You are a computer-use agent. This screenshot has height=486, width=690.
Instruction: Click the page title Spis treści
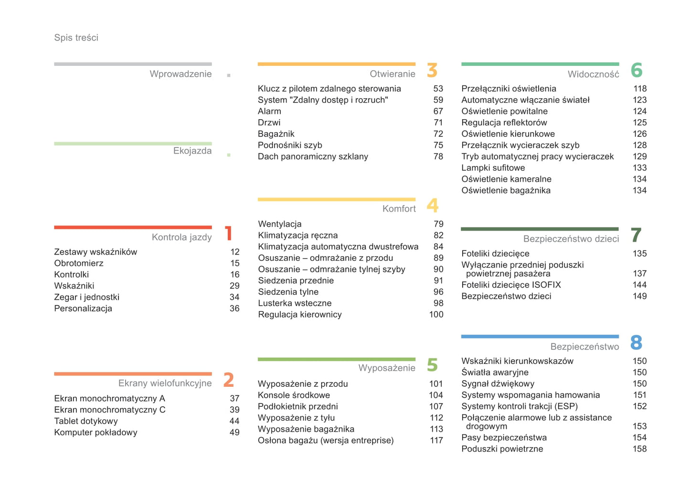(x=76, y=38)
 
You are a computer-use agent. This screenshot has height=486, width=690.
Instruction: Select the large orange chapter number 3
(x=432, y=70)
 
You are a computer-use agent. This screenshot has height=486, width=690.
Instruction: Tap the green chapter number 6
(x=636, y=70)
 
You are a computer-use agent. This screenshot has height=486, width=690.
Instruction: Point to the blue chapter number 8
(x=636, y=342)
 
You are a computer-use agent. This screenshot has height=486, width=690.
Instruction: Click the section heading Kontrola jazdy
(x=181, y=237)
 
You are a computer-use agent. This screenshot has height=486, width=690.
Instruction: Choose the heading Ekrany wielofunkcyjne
(x=165, y=383)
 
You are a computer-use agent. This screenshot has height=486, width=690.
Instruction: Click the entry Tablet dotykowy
(x=86, y=421)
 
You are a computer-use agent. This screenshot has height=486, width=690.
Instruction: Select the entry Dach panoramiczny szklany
(x=313, y=156)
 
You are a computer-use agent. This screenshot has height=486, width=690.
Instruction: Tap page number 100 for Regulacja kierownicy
(x=436, y=314)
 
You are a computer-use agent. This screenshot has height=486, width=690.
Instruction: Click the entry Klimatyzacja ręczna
(x=298, y=235)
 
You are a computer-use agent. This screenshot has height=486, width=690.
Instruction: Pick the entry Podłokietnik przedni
(x=297, y=406)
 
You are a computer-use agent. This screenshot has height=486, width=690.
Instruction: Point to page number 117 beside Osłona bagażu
(x=436, y=440)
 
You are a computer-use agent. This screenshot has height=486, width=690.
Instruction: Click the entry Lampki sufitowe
(x=493, y=168)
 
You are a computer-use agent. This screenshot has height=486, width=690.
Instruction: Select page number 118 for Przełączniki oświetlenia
(x=639, y=89)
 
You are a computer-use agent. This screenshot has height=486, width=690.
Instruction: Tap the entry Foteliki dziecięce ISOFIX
(x=511, y=285)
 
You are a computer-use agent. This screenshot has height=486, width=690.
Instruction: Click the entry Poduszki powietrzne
(x=502, y=449)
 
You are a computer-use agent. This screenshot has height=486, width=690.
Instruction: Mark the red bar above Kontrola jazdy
(x=133, y=227)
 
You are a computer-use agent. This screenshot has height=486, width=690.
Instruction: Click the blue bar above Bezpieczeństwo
(x=540, y=337)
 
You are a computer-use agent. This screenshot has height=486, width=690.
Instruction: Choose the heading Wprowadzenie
(x=180, y=74)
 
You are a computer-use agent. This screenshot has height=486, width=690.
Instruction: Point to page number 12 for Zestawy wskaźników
(x=234, y=252)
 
